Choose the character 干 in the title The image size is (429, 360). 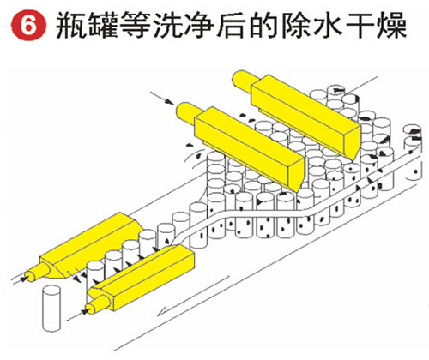pyautogui.click(x=360, y=25)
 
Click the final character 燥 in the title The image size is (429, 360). pyautogui.click(x=391, y=25)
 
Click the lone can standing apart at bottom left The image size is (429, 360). pyautogui.click(x=51, y=309)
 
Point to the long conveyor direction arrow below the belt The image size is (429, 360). pyautogui.click(x=194, y=296)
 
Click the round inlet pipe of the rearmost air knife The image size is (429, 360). pyautogui.click(x=243, y=80)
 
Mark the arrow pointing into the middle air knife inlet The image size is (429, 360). pyautogui.click(x=162, y=99)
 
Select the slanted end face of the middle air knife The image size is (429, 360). pyautogui.click(x=299, y=175)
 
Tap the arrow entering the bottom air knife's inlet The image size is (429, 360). pyautogui.click(x=77, y=315)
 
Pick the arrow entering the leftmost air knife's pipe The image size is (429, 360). pyautogui.click(x=19, y=280)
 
